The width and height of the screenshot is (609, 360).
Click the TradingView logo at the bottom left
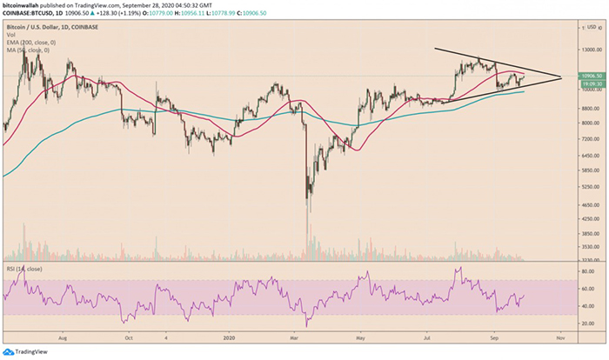point(26,350)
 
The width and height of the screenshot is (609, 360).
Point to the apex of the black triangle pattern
point(561,77)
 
